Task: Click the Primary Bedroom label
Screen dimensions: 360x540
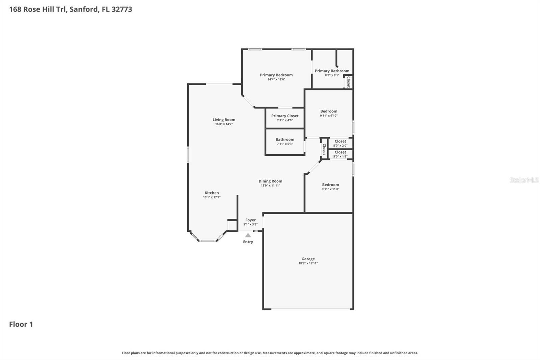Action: tap(276, 75)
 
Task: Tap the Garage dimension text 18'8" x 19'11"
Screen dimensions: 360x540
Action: tap(308, 263)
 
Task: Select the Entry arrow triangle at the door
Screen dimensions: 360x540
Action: tap(248, 235)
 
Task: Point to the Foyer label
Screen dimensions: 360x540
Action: tap(250, 220)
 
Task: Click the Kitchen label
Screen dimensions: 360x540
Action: tap(212, 193)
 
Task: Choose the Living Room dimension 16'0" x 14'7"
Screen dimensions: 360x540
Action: tap(224, 124)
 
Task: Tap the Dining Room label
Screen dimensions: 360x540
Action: tap(270, 181)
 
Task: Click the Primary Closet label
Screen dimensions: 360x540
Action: tap(285, 116)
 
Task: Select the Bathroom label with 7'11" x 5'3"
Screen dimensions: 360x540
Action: tap(285, 139)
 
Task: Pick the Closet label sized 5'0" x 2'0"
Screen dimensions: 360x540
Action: tap(340, 141)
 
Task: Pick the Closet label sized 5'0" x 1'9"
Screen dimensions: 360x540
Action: tap(340, 152)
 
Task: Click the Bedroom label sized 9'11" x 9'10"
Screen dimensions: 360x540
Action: tap(329, 111)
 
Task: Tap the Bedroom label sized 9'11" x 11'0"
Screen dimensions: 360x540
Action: tap(330, 185)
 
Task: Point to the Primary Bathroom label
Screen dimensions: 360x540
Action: tap(332, 71)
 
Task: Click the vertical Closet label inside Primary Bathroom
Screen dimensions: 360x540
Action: tap(349, 82)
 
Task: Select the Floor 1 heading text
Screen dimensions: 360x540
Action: tap(21, 324)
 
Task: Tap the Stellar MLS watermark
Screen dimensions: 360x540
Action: tap(524, 180)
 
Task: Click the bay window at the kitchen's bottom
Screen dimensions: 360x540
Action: tap(207, 240)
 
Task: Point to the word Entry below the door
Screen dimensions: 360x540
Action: tap(248, 242)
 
